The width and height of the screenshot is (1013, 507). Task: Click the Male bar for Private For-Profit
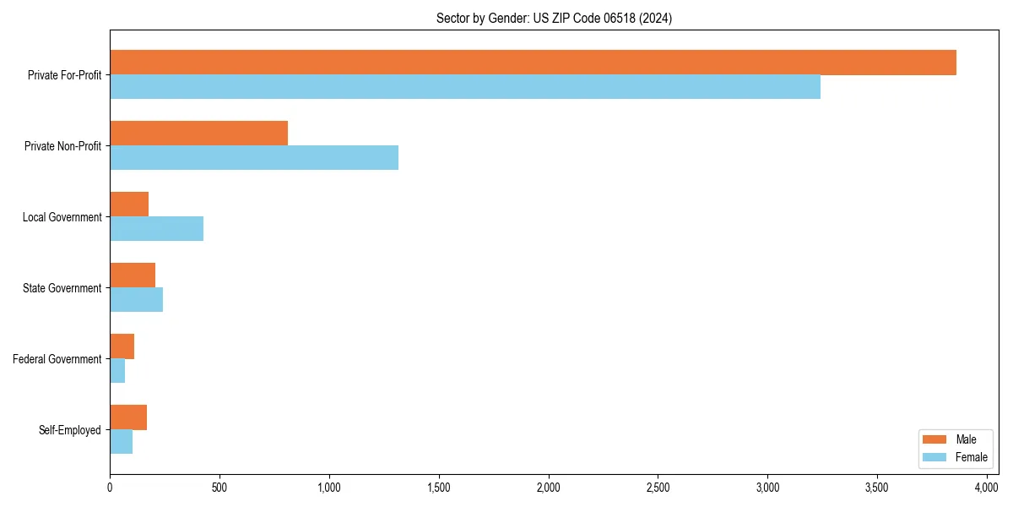coord(533,63)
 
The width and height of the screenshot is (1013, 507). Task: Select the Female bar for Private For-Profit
coord(465,87)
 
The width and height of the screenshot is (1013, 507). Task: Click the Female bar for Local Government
coord(156,229)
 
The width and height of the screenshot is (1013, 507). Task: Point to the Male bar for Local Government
coord(129,204)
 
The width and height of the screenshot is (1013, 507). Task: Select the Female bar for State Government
coord(136,300)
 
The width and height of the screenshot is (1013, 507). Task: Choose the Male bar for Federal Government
coord(122,346)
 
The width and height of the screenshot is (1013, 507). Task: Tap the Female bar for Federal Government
coord(117,371)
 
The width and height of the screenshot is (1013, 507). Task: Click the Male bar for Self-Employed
coord(128,417)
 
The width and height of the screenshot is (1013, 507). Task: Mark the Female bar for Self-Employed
coord(121,442)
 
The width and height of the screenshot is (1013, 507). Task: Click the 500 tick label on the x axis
coord(219,488)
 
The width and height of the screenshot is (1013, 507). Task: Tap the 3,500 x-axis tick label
coord(877,488)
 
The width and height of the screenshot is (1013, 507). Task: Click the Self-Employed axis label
coord(70,430)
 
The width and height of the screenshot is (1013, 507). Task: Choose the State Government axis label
coord(62,288)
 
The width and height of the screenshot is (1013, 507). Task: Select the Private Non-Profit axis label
coord(64,146)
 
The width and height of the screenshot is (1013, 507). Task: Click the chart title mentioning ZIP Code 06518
coord(554,18)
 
